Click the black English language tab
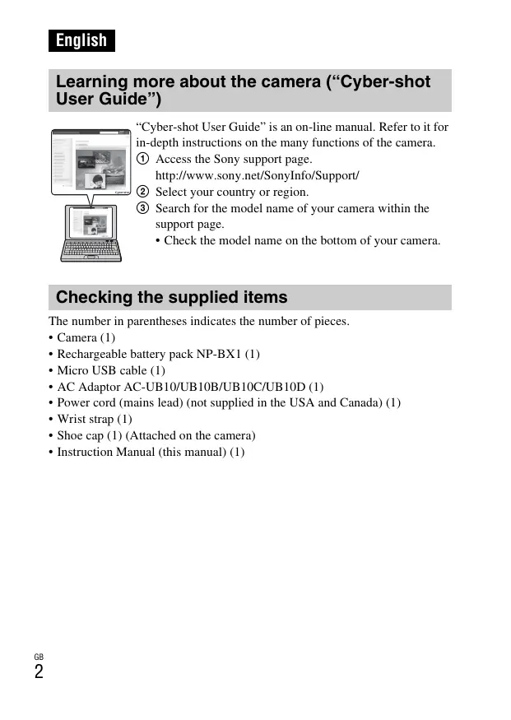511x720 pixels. click(81, 40)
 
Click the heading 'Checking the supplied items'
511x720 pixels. click(171, 297)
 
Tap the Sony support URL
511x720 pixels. click(257, 175)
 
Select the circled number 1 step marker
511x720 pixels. click(142, 160)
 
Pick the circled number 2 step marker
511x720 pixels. click(142, 192)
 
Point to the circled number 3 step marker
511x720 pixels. click(142, 208)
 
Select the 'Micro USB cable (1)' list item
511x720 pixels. click(110, 370)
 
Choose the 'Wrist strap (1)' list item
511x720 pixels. click(94, 419)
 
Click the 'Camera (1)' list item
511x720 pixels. click(86, 338)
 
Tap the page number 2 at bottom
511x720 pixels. click(39, 672)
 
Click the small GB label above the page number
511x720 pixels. click(39, 657)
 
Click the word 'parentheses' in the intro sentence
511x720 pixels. click(163, 321)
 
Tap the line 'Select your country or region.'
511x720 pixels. click(232, 192)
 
